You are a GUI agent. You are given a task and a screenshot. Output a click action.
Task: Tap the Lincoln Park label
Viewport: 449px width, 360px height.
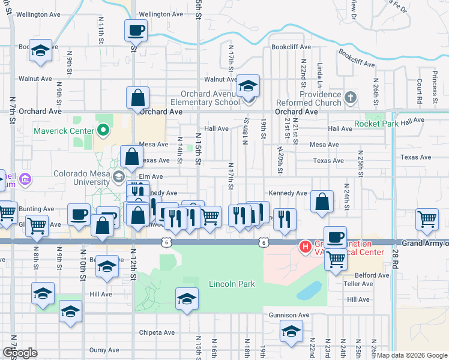232,284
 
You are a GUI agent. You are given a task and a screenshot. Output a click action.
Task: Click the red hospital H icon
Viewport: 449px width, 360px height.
306,247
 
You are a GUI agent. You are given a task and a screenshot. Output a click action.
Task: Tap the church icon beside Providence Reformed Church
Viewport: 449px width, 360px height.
351,96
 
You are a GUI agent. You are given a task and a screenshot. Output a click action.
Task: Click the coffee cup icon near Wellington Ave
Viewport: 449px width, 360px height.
136,30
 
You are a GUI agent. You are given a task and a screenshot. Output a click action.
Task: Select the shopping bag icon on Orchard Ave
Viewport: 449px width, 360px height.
137,98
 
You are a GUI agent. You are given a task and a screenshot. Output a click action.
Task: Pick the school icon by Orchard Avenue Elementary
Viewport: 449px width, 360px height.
248,86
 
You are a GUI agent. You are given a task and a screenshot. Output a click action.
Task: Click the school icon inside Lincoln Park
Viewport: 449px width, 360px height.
187,299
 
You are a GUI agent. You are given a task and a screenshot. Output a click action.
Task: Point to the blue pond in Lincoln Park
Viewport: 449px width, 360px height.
309,292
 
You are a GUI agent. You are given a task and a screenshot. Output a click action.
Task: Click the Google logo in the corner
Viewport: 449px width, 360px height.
20,353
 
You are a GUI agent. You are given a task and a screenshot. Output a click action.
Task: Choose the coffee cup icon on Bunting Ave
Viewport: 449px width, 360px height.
79,215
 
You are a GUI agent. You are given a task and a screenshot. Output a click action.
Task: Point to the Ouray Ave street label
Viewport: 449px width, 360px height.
104,350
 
